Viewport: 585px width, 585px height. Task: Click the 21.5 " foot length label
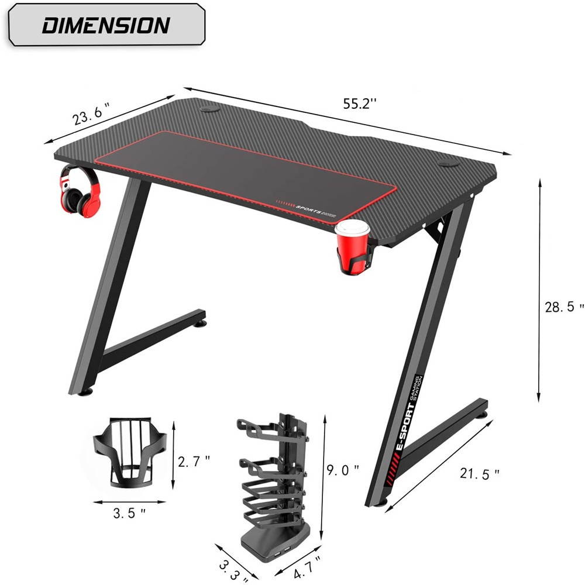point(480,473)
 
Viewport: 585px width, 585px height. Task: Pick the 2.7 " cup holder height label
point(194,462)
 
